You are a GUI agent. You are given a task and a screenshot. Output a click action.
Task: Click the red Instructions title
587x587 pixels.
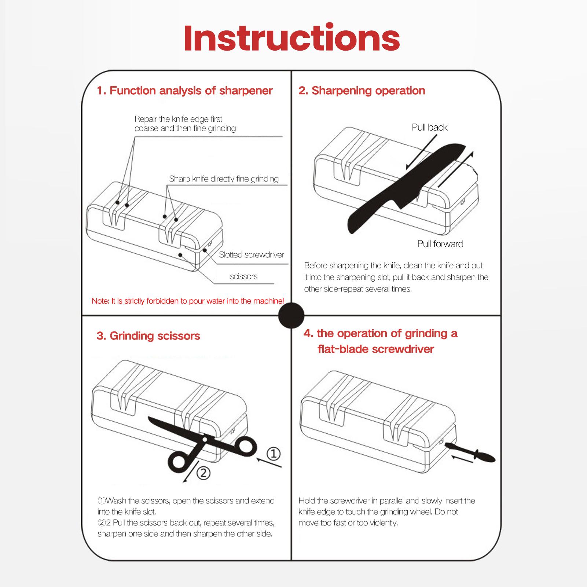coord(291,38)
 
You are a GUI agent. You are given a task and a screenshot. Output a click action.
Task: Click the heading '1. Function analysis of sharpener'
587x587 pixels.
coord(184,91)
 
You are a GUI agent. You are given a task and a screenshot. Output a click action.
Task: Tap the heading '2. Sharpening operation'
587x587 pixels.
coord(362,91)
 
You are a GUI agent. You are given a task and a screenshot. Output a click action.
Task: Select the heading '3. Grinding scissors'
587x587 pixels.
coord(148,336)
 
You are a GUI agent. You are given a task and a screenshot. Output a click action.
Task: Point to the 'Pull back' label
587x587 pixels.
coord(429,128)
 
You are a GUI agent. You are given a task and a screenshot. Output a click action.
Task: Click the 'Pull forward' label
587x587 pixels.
coord(440,244)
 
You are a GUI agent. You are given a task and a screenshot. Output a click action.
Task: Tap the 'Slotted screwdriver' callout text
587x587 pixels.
coord(251,255)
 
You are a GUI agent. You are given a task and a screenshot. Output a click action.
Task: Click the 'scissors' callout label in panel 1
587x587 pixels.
coord(243,276)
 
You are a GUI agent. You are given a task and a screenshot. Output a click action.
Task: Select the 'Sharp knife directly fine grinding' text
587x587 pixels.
coord(224,179)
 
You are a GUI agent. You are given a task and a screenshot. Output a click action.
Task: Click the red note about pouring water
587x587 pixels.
coord(188,301)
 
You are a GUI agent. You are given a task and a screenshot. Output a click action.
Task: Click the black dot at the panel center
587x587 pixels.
coord(291,315)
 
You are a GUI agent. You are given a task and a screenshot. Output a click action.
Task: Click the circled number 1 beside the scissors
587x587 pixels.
coord(273,454)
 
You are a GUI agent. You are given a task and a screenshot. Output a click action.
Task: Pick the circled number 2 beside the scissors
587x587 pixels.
coord(203,473)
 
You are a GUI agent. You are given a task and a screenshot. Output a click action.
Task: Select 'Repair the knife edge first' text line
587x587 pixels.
coord(178,119)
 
